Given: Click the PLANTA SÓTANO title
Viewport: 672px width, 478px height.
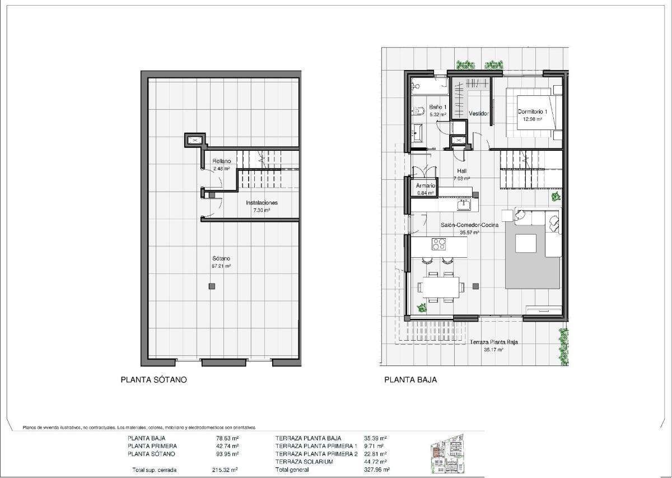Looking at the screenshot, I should [153, 379].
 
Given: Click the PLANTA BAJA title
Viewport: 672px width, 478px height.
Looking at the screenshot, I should [410, 379].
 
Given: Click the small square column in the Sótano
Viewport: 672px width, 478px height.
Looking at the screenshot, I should [212, 286].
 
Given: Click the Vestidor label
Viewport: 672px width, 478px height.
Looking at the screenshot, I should [479, 113].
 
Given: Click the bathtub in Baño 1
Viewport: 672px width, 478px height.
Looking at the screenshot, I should [430, 86].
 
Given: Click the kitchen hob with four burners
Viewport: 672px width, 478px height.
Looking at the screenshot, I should [438, 244].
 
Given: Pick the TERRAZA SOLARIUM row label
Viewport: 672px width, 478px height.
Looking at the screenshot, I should [304, 462].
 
